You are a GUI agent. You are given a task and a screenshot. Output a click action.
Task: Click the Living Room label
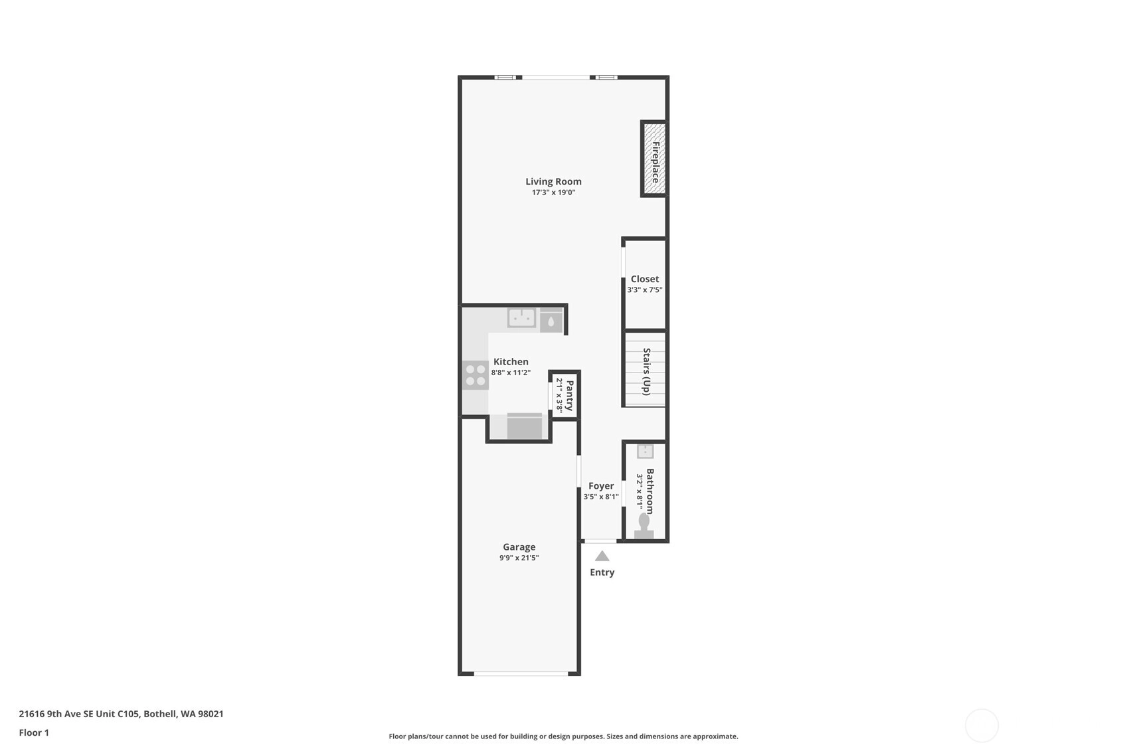[553, 181]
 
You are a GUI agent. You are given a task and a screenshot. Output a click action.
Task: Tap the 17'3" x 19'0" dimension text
[553, 193]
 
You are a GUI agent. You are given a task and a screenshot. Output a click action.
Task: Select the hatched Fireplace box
[654, 159]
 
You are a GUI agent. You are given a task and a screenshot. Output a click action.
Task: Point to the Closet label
[644, 279]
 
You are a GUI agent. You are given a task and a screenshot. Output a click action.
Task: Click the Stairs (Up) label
[647, 371]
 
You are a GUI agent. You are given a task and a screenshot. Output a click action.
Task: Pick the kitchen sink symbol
[522, 318]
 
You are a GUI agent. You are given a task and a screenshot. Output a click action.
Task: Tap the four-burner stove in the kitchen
[476, 375]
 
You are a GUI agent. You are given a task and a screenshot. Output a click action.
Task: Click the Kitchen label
[511, 362]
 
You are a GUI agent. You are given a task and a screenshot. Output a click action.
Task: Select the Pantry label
[570, 395]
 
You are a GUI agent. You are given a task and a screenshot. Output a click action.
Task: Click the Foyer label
[601, 486]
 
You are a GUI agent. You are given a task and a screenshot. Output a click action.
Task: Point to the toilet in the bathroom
[644, 526]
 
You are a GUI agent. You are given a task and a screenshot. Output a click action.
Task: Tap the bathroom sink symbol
[645, 452]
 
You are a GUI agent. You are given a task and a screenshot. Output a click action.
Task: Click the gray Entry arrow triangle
[602, 556]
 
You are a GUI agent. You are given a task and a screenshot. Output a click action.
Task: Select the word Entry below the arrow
[602, 572]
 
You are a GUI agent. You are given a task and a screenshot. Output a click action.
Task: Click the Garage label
[519, 546]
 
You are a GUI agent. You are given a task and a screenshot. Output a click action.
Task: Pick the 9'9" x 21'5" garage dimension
[519, 558]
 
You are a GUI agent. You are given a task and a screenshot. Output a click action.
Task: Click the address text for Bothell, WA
[122, 714]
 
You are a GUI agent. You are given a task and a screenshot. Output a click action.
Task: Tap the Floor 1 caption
[35, 733]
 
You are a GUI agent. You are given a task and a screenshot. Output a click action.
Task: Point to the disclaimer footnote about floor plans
[563, 736]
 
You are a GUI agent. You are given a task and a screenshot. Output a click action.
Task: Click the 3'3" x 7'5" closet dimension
[644, 290]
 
